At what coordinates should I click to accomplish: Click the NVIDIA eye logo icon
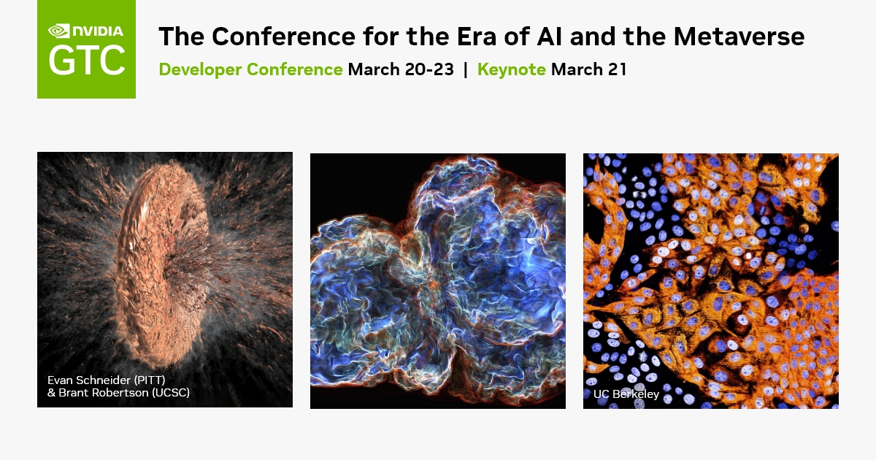(x=58, y=31)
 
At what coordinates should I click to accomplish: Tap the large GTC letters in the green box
(x=86, y=61)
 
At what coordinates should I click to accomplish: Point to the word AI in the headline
(x=558, y=36)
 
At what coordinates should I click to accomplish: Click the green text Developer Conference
(x=250, y=70)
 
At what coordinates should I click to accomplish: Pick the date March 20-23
(x=401, y=70)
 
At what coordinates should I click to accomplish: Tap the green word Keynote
(x=511, y=70)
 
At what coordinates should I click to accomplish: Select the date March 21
(x=589, y=70)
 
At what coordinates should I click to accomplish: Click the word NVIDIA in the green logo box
(x=98, y=31)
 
